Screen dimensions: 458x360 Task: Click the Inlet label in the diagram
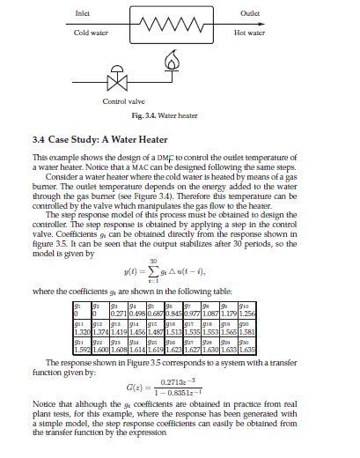pos(84,13)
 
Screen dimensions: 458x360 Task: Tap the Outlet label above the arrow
pos(249,13)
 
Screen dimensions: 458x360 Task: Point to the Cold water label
pos(91,32)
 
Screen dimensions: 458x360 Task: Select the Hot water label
pos(249,32)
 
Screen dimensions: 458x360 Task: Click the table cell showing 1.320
pos(79,328)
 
